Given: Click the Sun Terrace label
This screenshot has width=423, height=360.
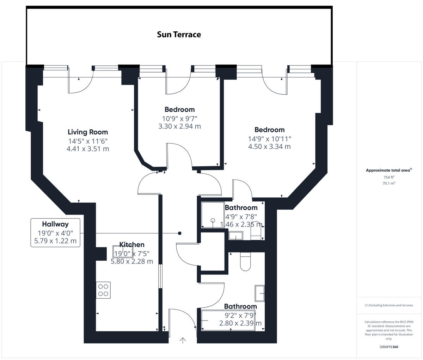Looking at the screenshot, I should pyautogui.click(x=179, y=35).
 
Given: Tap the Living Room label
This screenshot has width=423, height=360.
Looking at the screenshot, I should pyautogui.click(x=88, y=132).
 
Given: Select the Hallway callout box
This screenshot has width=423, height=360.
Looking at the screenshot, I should pyautogui.click(x=55, y=232).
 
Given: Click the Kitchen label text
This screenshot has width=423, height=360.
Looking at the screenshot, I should pyautogui.click(x=131, y=244).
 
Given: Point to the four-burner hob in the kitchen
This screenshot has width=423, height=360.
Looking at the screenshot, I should pyautogui.click(x=103, y=290).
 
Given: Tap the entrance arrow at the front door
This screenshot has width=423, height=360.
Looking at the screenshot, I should pyautogui.click(x=183, y=340).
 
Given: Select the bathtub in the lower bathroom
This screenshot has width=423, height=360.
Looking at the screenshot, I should pyautogui.click(x=232, y=320).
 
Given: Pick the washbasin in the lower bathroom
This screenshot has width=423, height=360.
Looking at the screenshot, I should pyautogui.click(x=260, y=293).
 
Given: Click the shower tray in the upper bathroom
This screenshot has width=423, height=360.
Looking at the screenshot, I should pyautogui.click(x=213, y=215).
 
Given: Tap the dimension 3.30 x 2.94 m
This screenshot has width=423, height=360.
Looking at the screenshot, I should pyautogui.click(x=179, y=126).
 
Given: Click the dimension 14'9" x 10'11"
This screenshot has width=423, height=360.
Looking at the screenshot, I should pyautogui.click(x=269, y=139).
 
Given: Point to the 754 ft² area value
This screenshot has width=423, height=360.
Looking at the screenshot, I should pyautogui.click(x=389, y=177).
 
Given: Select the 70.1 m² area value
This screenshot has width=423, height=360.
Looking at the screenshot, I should pyautogui.click(x=389, y=183).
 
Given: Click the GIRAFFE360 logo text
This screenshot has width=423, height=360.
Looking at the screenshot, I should pyautogui.click(x=389, y=347).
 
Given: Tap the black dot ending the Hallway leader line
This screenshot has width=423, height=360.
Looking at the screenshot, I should pyautogui.click(x=180, y=233).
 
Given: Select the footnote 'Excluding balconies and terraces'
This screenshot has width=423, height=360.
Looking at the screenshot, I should pyautogui.click(x=389, y=305).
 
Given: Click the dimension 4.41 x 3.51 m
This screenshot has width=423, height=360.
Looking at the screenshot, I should pyautogui.click(x=88, y=149).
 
